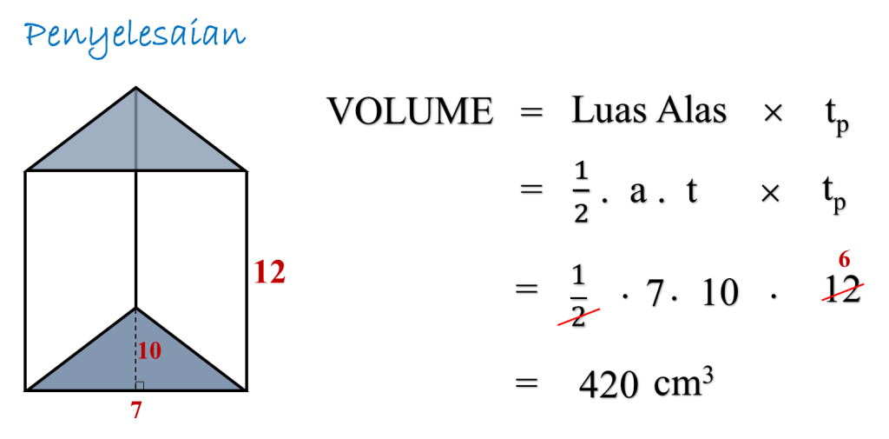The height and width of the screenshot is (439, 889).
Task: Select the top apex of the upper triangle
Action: pos(135,90)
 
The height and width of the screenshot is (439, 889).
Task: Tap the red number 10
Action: pos(149,351)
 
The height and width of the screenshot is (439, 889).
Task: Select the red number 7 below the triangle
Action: pos(135,410)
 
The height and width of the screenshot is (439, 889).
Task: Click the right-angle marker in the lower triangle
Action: pos(140,385)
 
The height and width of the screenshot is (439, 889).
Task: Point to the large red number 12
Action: pos(269,273)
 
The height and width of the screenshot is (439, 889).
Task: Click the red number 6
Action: pos(844,259)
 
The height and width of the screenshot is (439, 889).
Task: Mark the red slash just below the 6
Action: pos(843,292)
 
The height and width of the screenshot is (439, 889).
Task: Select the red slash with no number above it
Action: pos(578,317)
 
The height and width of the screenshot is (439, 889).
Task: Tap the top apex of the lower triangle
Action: pos(135,310)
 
